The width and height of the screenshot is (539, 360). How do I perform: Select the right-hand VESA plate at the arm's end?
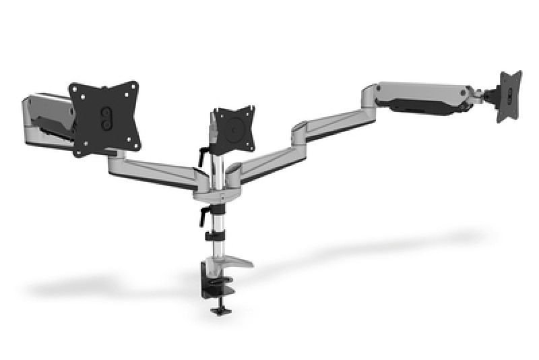pos(510,96)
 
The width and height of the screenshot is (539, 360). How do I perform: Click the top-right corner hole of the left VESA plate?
pos(132,86)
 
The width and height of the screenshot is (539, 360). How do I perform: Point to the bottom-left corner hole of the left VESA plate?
pos(86,146)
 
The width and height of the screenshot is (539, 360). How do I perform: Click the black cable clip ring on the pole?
pos(215,236)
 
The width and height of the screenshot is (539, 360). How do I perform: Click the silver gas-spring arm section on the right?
pos(418,91)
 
